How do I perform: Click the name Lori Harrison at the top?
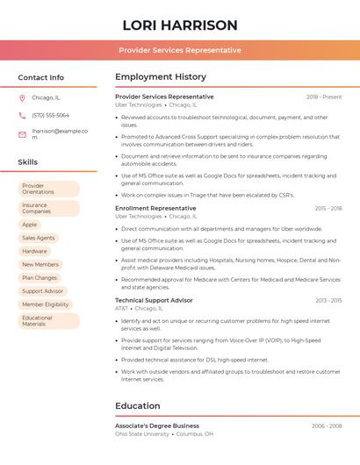pos(180,25)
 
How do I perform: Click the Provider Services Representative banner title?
pos(180,50)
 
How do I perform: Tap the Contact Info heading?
pos(41,77)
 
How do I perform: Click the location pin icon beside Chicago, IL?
pos(22,97)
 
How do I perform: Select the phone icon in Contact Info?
pos(22,115)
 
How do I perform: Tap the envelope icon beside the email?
pos(22,134)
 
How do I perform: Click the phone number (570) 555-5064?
pos(50,115)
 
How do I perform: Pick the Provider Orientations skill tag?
pos(48,189)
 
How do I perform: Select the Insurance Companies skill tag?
pos(48,208)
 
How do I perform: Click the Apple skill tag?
pos(30,225)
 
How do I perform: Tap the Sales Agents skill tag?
pos(39,238)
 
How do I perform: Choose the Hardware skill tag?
pos(35,251)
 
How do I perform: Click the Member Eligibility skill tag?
pos(46,304)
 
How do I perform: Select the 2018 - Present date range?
pos(324,97)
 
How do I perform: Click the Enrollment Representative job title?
pos(155,208)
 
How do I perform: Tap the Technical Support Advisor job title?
pos(154,300)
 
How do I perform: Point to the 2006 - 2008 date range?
pos(327,426)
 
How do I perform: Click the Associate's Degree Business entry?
pos(157,426)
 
